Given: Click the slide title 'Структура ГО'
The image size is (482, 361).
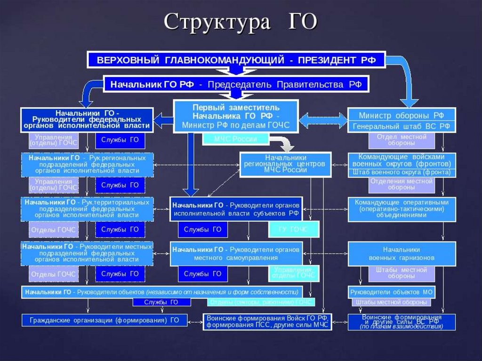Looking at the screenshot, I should (x=241, y=22).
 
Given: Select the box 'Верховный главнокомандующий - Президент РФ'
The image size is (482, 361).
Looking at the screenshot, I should (x=236, y=60).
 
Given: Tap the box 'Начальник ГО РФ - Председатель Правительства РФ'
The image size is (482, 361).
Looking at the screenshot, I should (x=236, y=85).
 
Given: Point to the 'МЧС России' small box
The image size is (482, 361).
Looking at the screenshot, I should (x=236, y=139).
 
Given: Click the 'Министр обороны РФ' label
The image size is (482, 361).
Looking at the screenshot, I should (x=402, y=115).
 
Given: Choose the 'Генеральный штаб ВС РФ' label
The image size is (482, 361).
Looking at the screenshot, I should (x=402, y=126).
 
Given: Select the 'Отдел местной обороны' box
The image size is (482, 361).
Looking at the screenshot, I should (x=402, y=140).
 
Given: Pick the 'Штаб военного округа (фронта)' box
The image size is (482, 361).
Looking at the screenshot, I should (x=402, y=172).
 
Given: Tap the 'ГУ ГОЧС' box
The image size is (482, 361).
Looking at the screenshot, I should (x=294, y=229).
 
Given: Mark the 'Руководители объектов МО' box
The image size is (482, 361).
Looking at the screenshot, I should (x=392, y=292).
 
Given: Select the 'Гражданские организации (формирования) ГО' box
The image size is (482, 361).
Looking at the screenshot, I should (x=104, y=320).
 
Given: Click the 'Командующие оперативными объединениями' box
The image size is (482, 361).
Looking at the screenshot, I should (x=402, y=209).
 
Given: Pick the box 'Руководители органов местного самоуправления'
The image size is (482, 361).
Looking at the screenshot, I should (x=236, y=254).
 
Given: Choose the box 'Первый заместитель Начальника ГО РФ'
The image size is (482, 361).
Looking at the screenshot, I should (x=236, y=116).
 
